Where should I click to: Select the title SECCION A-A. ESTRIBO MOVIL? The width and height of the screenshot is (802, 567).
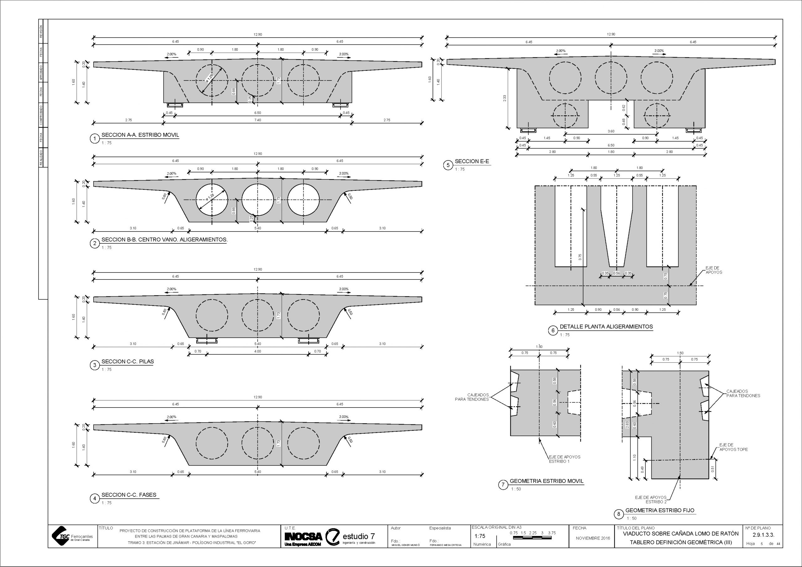tap(140, 135)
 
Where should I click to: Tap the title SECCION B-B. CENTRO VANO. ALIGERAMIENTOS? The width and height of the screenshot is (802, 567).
tap(164, 240)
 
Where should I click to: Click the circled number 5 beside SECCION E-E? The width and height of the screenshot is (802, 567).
tap(448, 165)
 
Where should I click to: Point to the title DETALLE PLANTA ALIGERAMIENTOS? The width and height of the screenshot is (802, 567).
tap(606, 327)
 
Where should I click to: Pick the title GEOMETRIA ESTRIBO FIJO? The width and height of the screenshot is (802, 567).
tap(660, 510)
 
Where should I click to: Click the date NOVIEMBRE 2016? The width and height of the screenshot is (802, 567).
tap(593, 538)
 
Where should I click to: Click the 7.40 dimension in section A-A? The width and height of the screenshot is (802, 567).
tap(258, 120)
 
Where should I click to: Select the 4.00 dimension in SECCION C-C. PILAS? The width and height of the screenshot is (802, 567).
tap(258, 351)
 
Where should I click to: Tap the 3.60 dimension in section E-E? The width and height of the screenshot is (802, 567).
tap(611, 131)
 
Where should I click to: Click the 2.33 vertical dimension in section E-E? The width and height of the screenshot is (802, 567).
tap(504, 98)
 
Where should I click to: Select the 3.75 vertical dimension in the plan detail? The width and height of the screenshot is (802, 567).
tap(580, 257)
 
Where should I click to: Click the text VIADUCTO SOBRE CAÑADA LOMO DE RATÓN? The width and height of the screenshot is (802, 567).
tap(680, 533)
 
